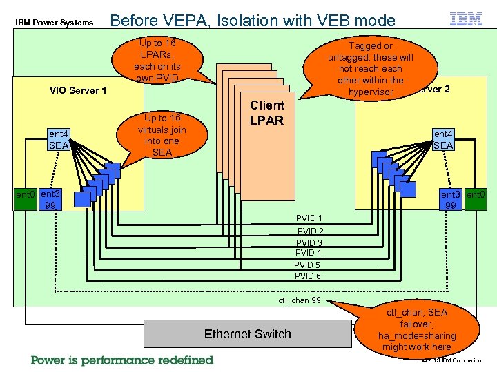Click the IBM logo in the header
[x=466, y=20]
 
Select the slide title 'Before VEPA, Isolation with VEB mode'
[x=253, y=21]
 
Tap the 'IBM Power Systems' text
[x=54, y=23]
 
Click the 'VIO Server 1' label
[x=78, y=90]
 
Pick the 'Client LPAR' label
[x=266, y=113]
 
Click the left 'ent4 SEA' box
[x=58, y=140]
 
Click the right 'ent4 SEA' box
[x=442, y=140]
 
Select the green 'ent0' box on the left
[x=26, y=200]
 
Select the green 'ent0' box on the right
[x=475, y=200]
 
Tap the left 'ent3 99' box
[x=50, y=200]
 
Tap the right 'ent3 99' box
[x=452, y=200]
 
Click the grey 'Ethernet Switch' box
[x=247, y=333]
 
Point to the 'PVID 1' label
[x=309, y=218]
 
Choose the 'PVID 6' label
[x=308, y=276]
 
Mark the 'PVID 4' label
[x=309, y=253]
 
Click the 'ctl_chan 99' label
[x=299, y=300]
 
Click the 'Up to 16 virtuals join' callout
[x=162, y=135]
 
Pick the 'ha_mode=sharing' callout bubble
[x=417, y=330]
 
